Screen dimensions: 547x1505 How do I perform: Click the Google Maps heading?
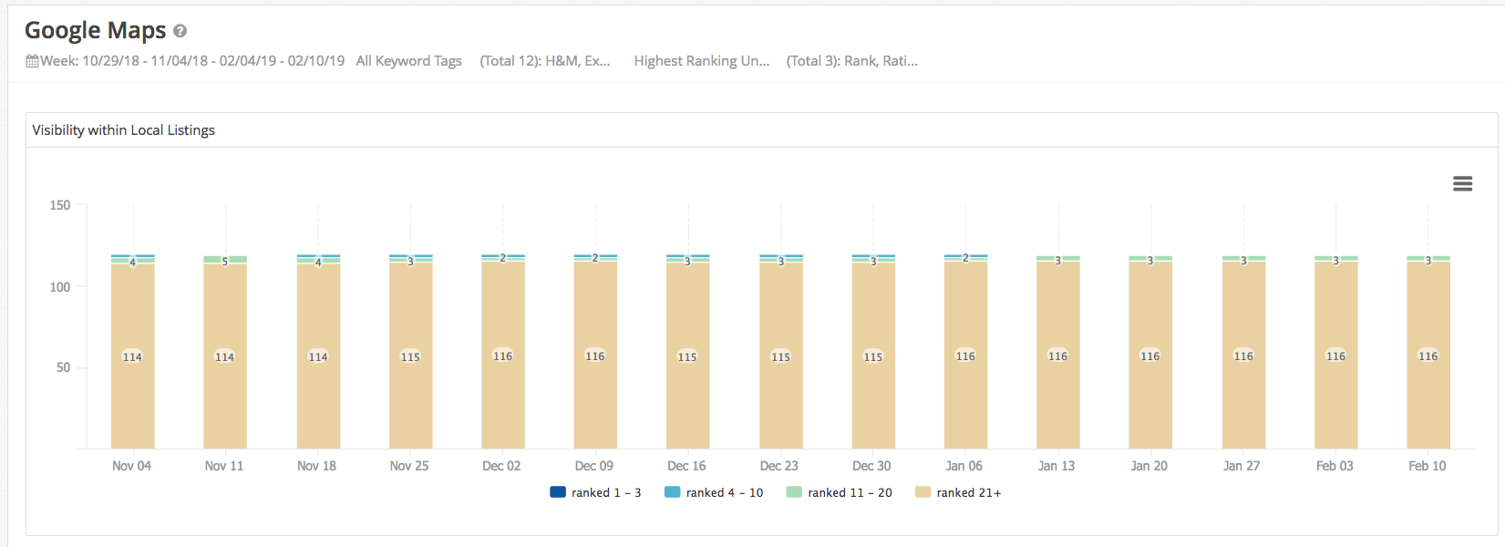tap(95, 30)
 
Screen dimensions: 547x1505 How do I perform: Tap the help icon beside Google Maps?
tap(180, 31)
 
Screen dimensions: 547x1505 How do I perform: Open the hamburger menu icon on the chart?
tap(1462, 184)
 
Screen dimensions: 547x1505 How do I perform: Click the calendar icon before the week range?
tap(32, 61)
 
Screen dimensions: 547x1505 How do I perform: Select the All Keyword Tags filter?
tap(408, 61)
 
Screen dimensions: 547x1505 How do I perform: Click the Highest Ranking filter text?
tap(701, 61)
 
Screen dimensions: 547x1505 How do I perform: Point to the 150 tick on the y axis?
tap(60, 205)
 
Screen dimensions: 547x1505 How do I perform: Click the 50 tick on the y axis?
tap(63, 367)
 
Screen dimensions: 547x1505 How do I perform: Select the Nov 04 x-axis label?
tap(131, 466)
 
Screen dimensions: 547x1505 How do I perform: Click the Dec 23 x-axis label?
tap(778, 466)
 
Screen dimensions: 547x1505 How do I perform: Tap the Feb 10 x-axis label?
tap(1427, 466)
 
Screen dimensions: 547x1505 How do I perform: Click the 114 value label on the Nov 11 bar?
tap(224, 357)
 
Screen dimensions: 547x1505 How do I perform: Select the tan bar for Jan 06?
tap(965, 401)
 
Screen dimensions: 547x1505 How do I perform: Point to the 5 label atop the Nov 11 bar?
tap(225, 262)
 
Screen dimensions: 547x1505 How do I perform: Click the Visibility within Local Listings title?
tap(124, 130)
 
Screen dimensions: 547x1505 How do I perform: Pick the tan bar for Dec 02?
tap(502, 401)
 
